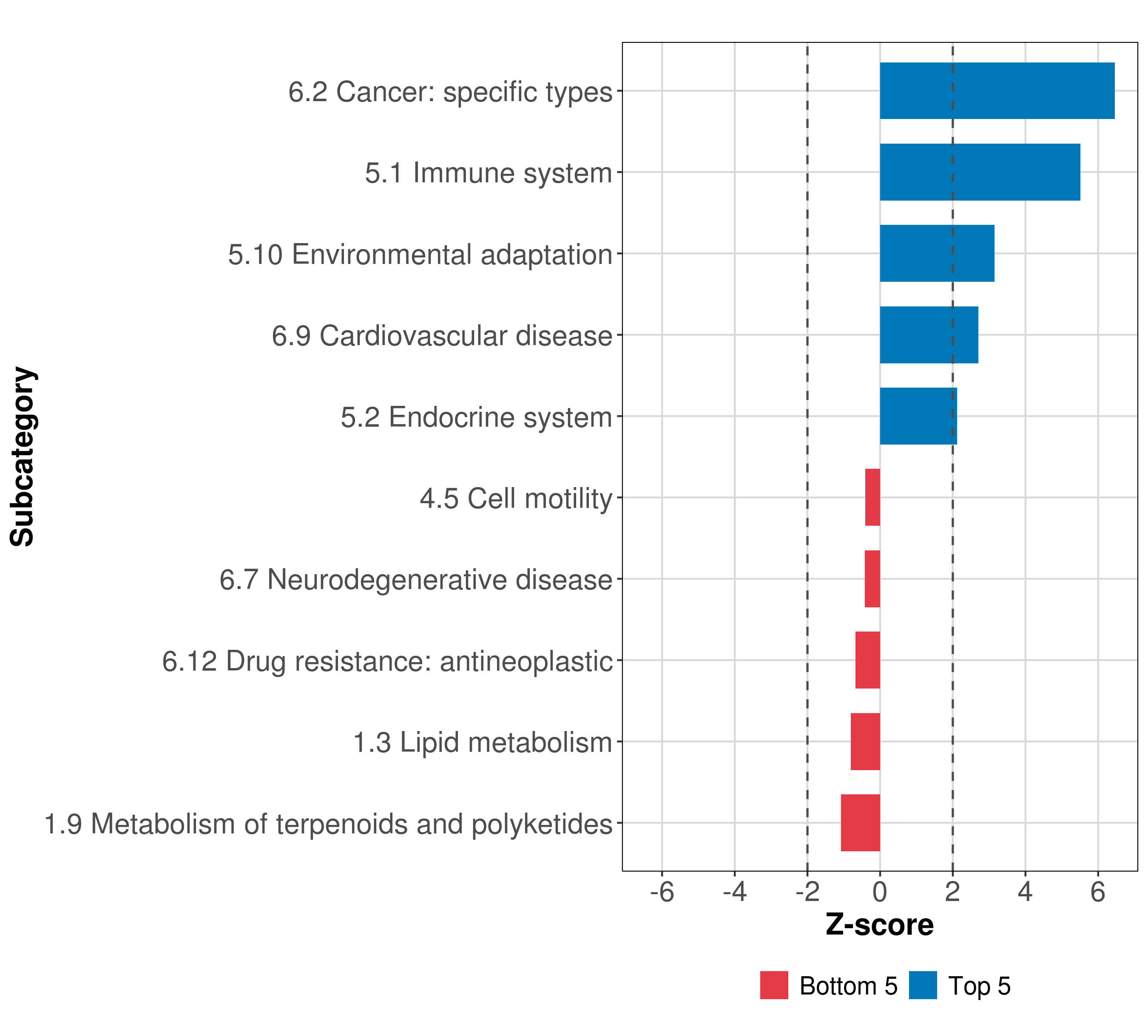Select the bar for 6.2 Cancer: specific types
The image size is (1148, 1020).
point(997,91)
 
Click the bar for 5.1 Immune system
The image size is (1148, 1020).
point(980,173)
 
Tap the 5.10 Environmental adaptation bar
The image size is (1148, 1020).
point(937,253)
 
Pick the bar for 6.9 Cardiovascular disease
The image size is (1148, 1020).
point(929,335)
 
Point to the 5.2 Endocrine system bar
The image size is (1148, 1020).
point(918,416)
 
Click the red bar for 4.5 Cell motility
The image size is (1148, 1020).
point(872,497)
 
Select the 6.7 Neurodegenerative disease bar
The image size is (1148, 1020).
point(872,579)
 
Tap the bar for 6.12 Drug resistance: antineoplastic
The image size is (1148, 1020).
point(868,660)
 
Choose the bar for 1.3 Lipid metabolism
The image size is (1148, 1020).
point(866,742)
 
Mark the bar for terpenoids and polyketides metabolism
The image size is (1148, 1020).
point(861,823)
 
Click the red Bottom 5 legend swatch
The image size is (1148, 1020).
point(774,985)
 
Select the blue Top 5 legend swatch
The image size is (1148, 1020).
point(923,985)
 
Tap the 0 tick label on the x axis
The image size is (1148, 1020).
point(880,892)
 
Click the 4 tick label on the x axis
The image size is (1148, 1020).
point(1025,892)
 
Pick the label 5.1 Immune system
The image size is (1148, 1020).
point(488,173)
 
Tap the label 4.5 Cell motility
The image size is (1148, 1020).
point(516,499)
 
